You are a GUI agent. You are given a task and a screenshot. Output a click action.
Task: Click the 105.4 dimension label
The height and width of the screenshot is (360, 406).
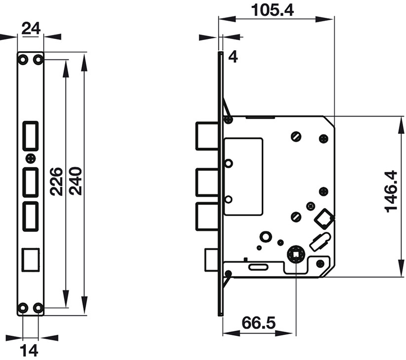[276, 9]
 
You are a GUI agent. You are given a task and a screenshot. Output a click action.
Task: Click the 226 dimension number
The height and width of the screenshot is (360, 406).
[56, 182]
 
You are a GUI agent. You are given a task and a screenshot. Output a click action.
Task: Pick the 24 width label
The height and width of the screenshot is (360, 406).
[31, 29]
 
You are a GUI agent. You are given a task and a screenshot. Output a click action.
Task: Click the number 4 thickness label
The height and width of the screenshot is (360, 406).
[232, 56]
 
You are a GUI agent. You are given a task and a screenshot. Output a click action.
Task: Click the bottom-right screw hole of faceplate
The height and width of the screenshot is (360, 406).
[38, 307]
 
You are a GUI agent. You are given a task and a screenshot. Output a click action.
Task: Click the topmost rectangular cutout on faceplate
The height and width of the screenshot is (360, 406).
[30, 136]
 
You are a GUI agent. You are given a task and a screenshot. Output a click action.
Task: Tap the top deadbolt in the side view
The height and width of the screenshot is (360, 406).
[208, 136]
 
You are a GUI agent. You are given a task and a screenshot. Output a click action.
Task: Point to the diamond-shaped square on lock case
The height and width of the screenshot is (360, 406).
[324, 219]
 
